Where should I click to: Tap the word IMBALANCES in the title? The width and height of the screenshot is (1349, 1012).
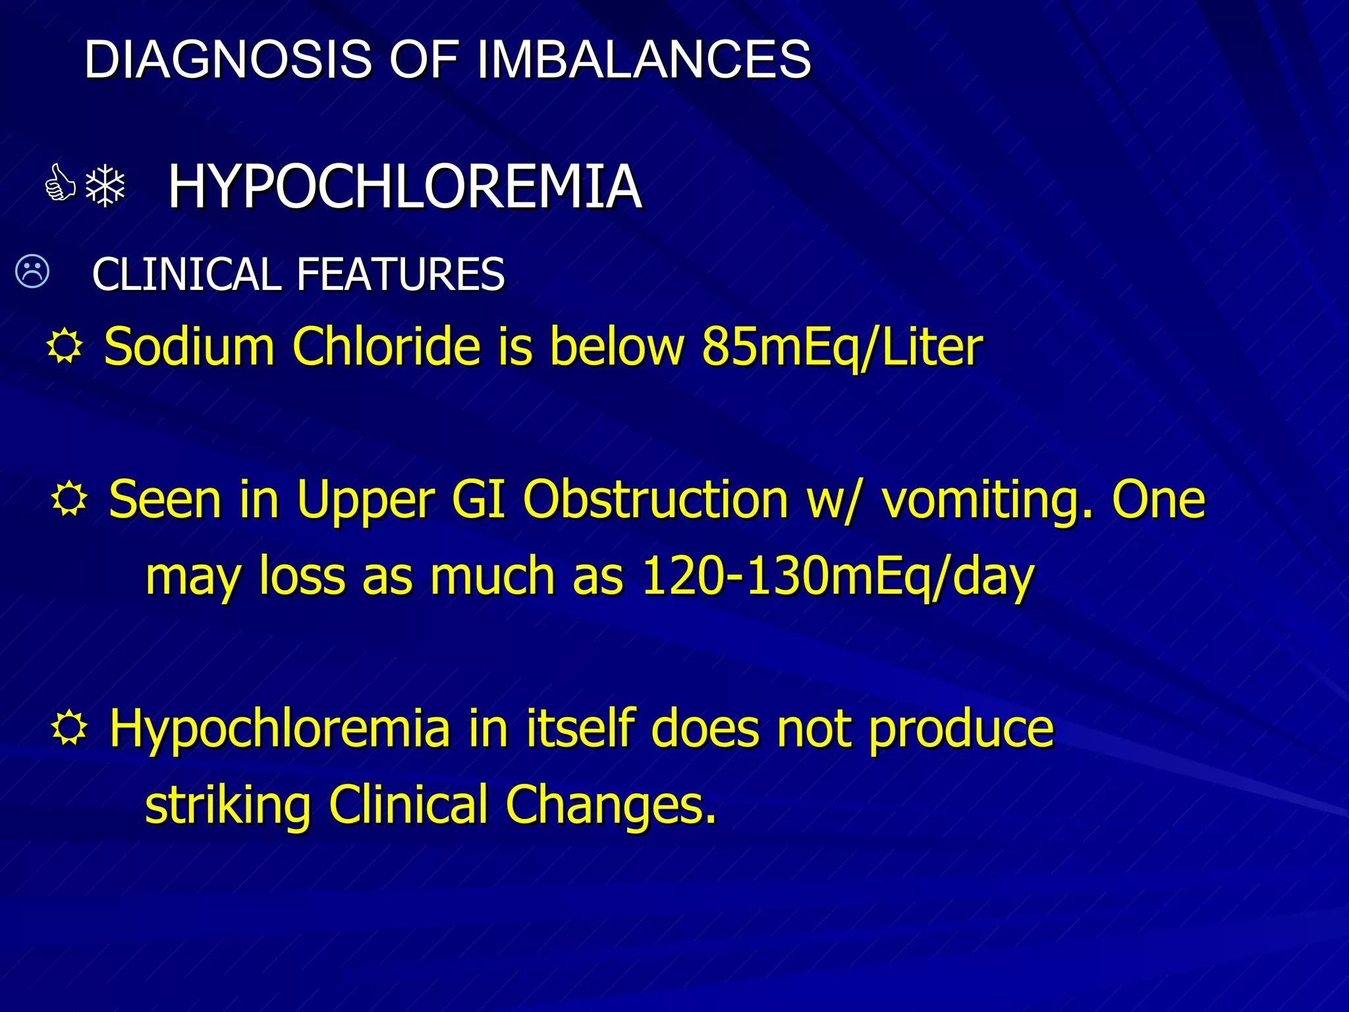click(644, 59)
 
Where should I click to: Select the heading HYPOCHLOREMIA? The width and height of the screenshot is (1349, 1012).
click(404, 187)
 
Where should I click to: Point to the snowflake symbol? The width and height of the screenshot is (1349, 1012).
click(105, 186)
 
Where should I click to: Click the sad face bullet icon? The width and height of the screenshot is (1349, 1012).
click(32, 271)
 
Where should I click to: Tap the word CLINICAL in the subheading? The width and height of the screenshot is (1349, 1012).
click(187, 274)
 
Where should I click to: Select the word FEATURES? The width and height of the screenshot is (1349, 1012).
click(400, 274)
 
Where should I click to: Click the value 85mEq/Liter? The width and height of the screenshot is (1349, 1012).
click(842, 347)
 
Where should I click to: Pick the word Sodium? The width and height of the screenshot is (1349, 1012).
click(189, 347)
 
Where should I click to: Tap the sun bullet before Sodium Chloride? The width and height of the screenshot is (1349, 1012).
click(65, 347)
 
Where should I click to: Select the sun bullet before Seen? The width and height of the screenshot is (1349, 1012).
click(69, 499)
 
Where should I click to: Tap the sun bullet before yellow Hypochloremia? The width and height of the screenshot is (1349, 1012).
click(69, 729)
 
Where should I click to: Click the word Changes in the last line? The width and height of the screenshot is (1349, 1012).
click(611, 805)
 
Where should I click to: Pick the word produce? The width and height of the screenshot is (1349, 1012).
click(961, 730)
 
